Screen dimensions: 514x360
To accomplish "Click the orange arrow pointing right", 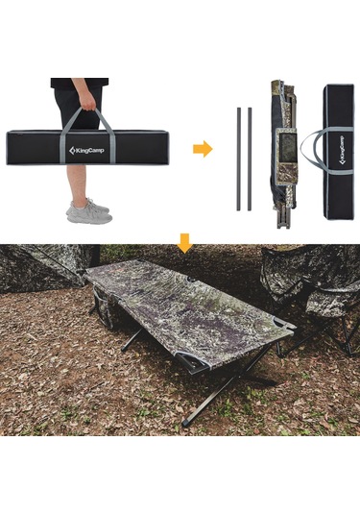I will [202, 149].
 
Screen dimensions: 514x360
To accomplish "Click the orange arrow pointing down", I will [184, 246].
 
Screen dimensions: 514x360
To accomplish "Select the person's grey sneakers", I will [88, 210].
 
